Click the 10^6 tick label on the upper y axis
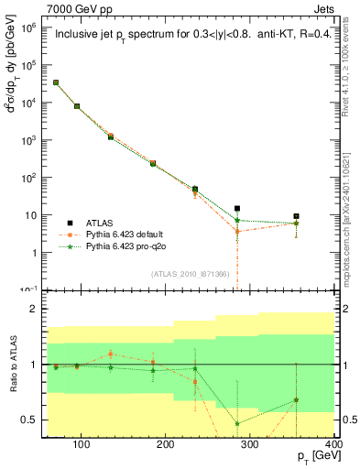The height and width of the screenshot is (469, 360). click(x=30, y=27)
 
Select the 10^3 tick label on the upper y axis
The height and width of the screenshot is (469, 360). click(x=30, y=140)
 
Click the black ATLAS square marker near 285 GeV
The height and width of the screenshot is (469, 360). click(x=237, y=209)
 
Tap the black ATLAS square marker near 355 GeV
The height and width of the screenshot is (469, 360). click(x=296, y=216)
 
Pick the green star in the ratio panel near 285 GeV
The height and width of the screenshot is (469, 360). click(x=237, y=423)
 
